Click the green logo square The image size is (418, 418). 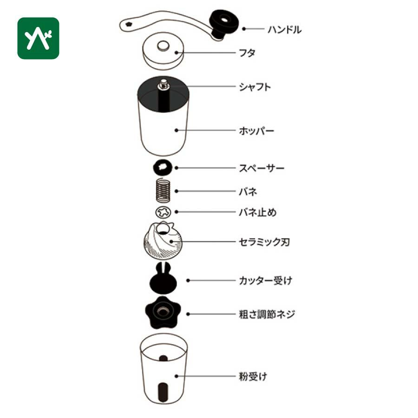[x=38, y=38]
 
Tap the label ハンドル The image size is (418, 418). [x=284, y=29]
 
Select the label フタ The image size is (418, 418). [x=247, y=53]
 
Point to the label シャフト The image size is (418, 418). [x=255, y=87]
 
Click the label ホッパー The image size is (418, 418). [x=256, y=131]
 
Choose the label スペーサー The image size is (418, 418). [x=261, y=168]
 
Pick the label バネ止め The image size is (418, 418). [x=257, y=212]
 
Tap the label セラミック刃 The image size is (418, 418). [x=264, y=242]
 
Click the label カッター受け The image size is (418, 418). [x=266, y=281]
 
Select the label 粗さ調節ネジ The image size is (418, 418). [x=267, y=314]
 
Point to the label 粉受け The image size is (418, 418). [x=253, y=376]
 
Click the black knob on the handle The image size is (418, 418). [x=223, y=23]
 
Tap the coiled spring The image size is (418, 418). [x=163, y=190]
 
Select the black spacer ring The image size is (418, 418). [x=163, y=167]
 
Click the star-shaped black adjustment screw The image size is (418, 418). [x=163, y=312]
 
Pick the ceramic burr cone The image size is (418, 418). [x=163, y=241]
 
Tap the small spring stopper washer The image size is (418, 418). [x=163, y=212]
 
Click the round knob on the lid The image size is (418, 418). [x=163, y=46]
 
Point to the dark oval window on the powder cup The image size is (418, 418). [x=163, y=392]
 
